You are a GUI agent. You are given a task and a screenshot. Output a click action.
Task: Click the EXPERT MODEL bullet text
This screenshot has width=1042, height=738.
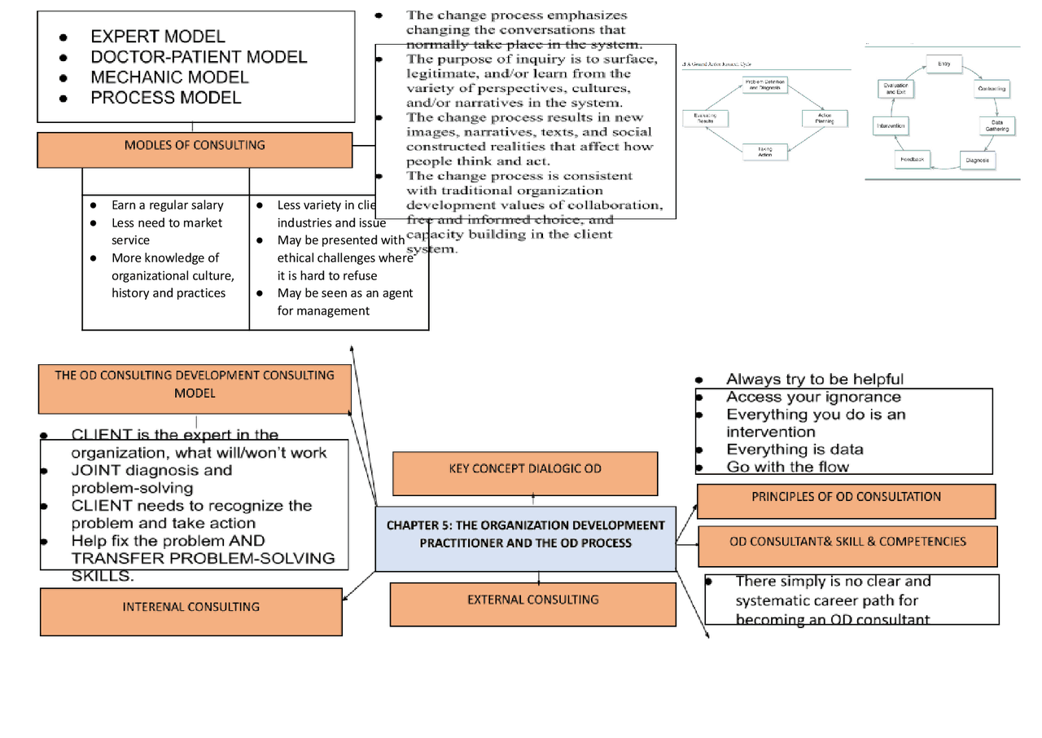coord(157,37)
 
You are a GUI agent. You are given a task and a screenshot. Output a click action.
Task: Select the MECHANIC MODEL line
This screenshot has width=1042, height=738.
coord(169,77)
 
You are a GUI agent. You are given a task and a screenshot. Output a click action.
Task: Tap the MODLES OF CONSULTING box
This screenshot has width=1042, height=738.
coord(195,146)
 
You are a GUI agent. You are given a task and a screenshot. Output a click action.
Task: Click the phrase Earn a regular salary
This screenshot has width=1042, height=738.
coord(167,206)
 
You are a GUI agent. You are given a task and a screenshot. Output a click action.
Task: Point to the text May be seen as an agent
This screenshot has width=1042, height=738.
coord(344,293)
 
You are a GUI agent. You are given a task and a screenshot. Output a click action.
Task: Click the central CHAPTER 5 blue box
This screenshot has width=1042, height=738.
coord(525,534)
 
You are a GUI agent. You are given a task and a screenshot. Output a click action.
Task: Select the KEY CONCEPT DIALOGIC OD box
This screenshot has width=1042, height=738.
coord(524,469)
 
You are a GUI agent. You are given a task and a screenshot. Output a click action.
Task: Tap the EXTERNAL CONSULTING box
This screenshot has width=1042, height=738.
coord(532,600)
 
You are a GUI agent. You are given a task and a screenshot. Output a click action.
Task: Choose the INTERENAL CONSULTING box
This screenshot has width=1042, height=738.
coord(190,607)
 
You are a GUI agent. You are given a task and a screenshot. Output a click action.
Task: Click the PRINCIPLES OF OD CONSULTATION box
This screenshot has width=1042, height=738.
coord(846,497)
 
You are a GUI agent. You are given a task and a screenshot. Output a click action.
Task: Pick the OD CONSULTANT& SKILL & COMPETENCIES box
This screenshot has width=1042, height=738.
coord(847,542)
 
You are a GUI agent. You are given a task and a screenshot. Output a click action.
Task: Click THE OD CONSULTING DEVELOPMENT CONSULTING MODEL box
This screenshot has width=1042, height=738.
coord(195,384)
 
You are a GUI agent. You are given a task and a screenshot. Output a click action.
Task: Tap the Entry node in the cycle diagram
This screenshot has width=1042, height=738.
coord(944,64)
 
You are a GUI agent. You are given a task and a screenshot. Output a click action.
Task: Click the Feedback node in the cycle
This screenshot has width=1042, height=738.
coord(912,160)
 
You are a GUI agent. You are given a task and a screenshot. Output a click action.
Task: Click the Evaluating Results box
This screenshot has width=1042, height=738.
coord(704,118)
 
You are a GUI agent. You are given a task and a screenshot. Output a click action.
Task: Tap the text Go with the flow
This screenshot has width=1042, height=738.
coord(786,467)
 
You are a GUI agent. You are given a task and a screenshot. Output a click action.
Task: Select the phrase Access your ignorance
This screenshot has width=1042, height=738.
coord(812,398)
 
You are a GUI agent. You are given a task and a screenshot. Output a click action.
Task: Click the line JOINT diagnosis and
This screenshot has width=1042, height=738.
coord(151,471)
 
